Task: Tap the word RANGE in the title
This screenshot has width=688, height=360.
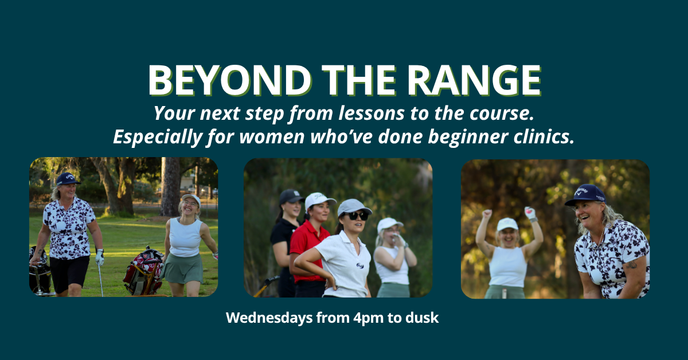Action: [474, 80]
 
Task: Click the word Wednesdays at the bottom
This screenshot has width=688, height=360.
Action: [269, 318]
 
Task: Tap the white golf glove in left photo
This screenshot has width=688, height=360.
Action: [100, 257]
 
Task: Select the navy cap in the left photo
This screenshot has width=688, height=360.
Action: [68, 179]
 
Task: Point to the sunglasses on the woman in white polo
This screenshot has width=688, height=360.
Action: [358, 216]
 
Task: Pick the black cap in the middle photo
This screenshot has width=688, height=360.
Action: [291, 197]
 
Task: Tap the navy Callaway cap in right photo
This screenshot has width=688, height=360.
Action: [585, 195]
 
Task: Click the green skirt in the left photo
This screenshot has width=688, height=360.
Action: [183, 268]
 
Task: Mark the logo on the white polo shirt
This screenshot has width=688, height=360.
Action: [360, 265]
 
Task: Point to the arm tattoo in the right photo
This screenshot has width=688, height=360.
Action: [631, 264]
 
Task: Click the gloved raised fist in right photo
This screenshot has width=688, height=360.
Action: [530, 213]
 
